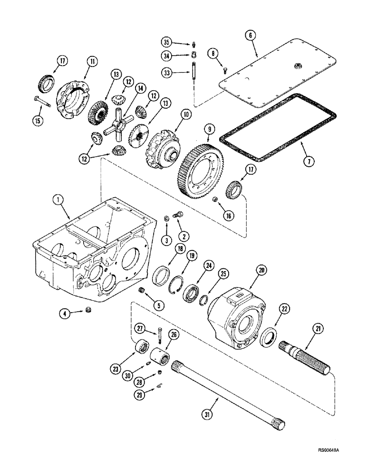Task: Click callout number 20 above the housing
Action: [261, 270]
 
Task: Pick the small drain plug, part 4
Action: [88, 311]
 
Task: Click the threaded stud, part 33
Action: [194, 76]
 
